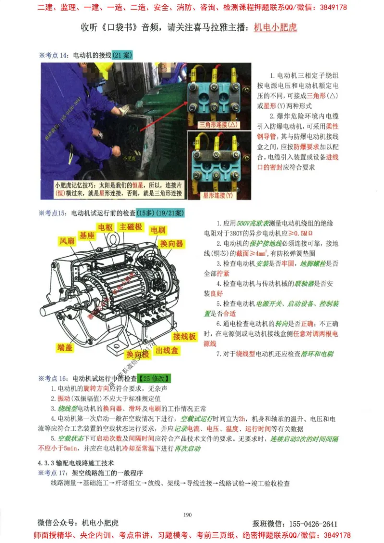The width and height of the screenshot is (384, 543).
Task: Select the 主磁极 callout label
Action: [131, 226]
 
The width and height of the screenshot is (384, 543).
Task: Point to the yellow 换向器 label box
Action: [172, 244]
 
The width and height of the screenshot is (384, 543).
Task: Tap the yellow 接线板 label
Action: [185, 337]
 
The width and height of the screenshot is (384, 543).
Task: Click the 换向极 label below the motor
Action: [137, 354]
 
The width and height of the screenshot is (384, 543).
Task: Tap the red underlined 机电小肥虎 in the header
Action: [275, 27]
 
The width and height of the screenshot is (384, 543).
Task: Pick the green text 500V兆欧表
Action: [253, 224]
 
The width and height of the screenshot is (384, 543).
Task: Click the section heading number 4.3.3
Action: [47, 463]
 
